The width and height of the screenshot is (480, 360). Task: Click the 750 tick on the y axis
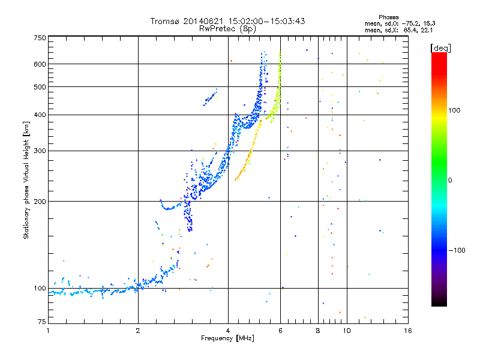point(40,37)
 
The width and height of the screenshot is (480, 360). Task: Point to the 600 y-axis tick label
point(40,64)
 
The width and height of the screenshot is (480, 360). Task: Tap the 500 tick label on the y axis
point(40,86)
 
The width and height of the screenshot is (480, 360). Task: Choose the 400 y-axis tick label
point(40,115)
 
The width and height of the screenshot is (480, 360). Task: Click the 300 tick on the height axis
point(40,151)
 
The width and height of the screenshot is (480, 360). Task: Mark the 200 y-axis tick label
point(40,201)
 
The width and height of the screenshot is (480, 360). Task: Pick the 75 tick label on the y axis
point(42,323)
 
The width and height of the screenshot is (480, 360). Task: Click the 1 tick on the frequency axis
point(48,331)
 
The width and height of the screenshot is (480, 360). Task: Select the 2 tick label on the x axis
point(138,331)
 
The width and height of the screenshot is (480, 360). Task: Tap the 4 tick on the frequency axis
point(228,331)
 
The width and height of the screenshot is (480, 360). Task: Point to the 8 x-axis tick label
point(318,331)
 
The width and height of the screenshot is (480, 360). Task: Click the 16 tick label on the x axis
point(407,331)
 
